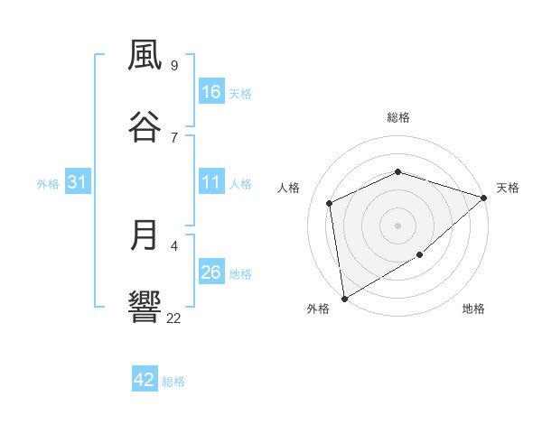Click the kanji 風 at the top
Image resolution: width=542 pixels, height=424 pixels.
[145, 56]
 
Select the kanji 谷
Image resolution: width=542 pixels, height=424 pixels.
[145, 127]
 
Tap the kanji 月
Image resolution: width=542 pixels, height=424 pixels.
[145, 235]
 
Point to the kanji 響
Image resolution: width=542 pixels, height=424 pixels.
[145, 308]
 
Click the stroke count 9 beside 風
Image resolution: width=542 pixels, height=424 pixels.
[174, 65]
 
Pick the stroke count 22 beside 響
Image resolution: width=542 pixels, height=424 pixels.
[174, 318]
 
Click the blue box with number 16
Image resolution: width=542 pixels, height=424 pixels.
[210, 92]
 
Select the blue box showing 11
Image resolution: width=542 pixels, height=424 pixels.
[210, 182]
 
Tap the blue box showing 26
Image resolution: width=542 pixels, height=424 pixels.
[210, 272]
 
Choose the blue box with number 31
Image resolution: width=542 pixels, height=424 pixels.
[78, 182]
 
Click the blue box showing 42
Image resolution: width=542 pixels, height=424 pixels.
[145, 380]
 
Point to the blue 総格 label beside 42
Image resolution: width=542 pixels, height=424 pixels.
[173, 382]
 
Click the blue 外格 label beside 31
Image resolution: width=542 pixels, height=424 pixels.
[48, 184]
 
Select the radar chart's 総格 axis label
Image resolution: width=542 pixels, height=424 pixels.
[398, 117]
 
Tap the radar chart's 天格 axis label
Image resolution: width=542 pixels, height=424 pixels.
[508, 188]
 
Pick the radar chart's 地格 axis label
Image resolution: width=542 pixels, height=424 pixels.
[473, 309]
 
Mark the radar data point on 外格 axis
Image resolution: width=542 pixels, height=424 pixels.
[344, 298]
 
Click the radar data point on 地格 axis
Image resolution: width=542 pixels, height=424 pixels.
[419, 255]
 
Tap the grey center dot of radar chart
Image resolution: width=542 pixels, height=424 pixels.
[398, 226]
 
